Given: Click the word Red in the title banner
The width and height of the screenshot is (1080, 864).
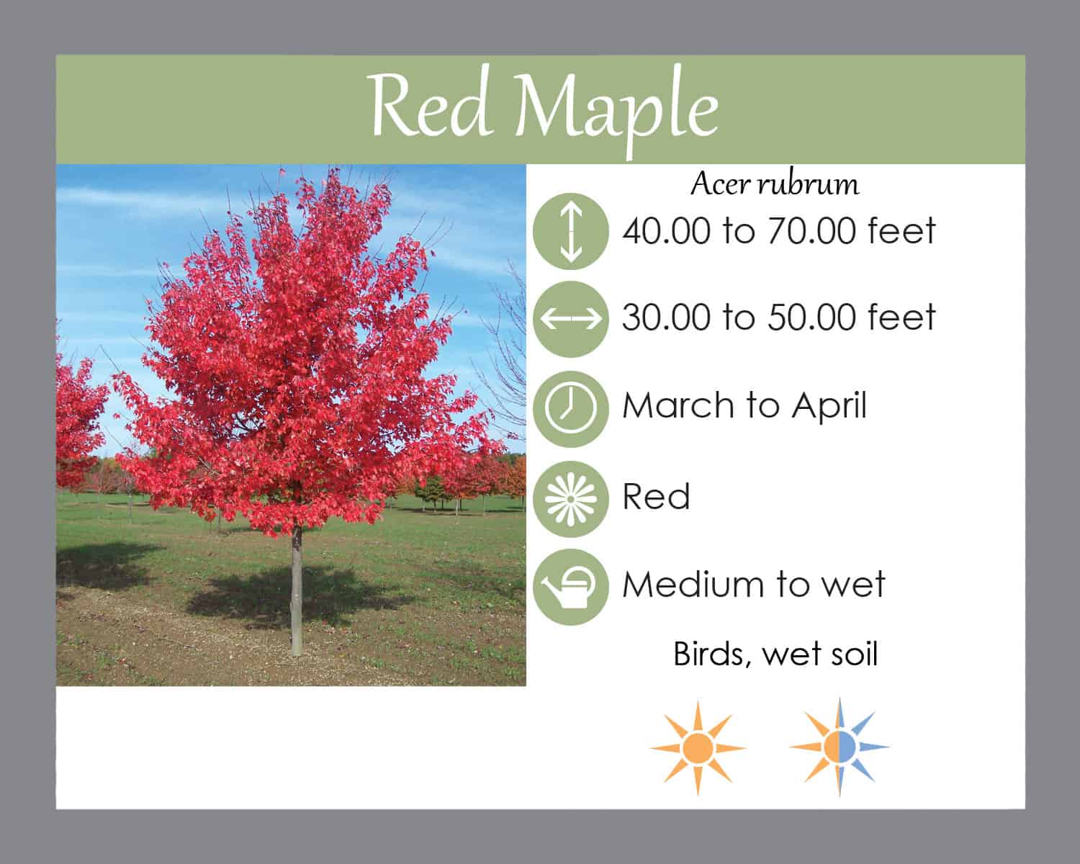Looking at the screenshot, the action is [430, 106].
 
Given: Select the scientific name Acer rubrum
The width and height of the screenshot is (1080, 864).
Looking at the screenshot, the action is [775, 184].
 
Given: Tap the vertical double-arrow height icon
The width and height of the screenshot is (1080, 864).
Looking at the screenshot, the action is [571, 231].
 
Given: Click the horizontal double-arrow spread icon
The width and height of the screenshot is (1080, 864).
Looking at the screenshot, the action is [571, 319].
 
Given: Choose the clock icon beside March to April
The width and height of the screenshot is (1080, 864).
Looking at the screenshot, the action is [571, 409].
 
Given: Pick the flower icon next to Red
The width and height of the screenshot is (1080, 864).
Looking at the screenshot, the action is [571, 498].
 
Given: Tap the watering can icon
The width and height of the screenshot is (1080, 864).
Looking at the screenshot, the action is [571, 587].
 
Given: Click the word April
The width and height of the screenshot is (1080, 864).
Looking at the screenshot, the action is [829, 406].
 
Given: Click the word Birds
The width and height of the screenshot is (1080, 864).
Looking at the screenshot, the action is [711, 654].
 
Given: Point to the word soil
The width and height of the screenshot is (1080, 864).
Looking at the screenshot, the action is [850, 654].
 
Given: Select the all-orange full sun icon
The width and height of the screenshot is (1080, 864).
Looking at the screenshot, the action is [698, 749].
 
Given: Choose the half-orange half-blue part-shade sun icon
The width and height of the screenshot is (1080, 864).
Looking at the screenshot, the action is [840, 747].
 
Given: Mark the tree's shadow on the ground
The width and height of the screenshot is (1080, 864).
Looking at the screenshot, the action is [296, 598].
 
